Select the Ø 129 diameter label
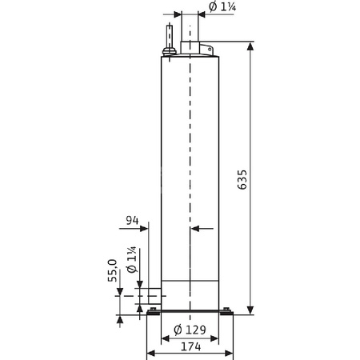(x=190, y=329)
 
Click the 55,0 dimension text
(x=113, y=270)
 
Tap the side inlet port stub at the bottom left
(x=150, y=297)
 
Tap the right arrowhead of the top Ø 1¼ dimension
(x=203, y=14)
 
